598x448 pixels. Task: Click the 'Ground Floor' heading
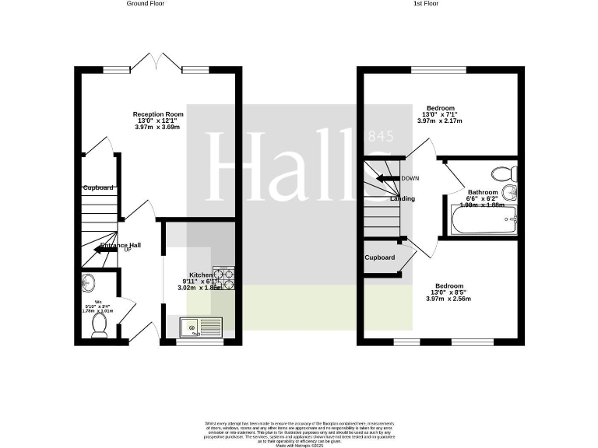(146, 4)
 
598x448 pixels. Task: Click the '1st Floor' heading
(425, 4)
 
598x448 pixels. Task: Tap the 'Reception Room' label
(158, 114)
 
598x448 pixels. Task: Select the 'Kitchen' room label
(200, 275)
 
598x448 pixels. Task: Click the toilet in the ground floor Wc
(99, 324)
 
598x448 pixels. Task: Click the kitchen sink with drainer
(201, 328)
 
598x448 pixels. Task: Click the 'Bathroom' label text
(482, 191)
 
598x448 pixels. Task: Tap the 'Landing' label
(403, 198)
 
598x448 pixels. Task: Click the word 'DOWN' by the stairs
(410, 178)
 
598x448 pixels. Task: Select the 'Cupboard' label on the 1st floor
(379, 257)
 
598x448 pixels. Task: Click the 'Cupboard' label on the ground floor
(99, 187)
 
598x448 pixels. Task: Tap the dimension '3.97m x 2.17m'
(440, 121)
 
